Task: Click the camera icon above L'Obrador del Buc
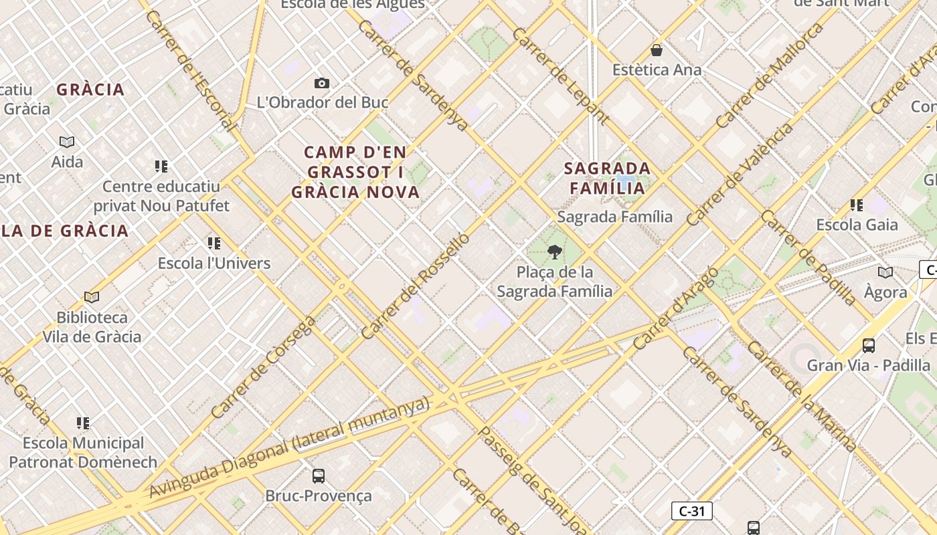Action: tap(322, 83)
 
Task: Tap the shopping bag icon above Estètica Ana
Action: tap(657, 50)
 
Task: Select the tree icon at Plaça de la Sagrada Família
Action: tap(554, 252)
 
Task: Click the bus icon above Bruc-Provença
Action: tap(319, 476)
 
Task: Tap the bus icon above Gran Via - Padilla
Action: tap(869, 346)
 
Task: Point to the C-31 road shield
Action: tap(691, 512)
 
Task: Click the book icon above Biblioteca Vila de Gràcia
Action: tap(92, 297)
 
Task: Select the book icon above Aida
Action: tap(67, 142)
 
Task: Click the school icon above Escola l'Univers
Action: tap(214, 243)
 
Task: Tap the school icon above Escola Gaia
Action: tap(857, 205)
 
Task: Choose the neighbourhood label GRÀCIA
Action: tap(90, 90)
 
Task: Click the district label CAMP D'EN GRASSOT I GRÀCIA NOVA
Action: tap(355, 173)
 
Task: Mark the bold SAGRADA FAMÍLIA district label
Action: tap(607, 178)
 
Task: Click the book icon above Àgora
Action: tap(885, 272)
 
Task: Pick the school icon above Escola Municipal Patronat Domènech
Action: tap(83, 423)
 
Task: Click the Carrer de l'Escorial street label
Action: tap(190, 70)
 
